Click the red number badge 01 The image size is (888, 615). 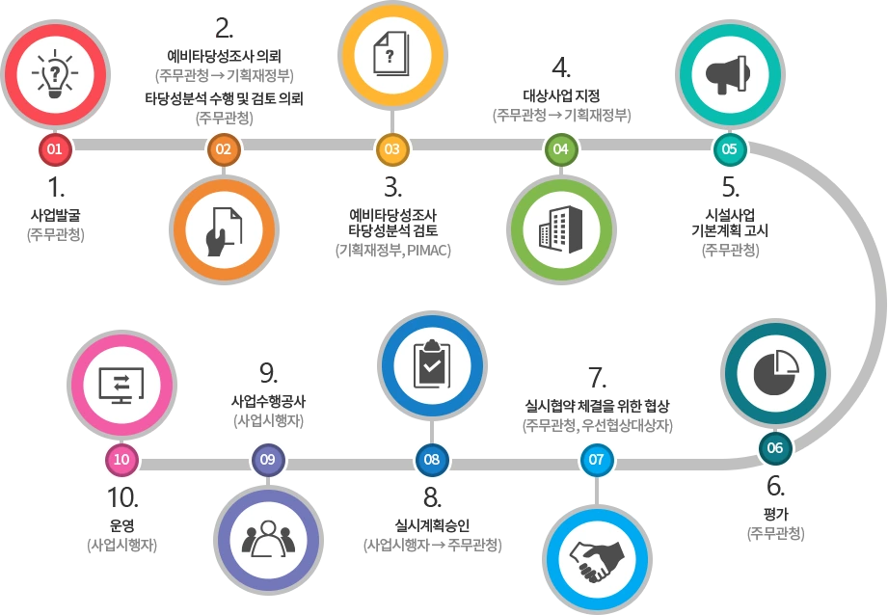pyautogui.click(x=55, y=149)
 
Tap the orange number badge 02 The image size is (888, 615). pyautogui.click(x=224, y=149)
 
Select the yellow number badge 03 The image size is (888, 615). pyautogui.click(x=391, y=149)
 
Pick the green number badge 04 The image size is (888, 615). pyautogui.click(x=560, y=149)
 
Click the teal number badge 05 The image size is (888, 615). pyautogui.click(x=729, y=149)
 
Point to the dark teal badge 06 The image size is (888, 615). pyautogui.click(x=775, y=448)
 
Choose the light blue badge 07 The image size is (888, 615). pyautogui.click(x=596, y=460)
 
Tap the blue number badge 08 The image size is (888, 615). pyautogui.click(x=432, y=460)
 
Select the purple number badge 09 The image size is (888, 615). pyautogui.click(x=268, y=460)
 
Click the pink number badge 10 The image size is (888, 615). pyautogui.click(x=121, y=460)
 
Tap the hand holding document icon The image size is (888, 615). pyautogui.click(x=224, y=230)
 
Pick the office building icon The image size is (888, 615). pyautogui.click(x=560, y=230)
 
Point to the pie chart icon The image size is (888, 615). pyautogui.click(x=775, y=373)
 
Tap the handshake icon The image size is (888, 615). pyautogui.click(x=596, y=559)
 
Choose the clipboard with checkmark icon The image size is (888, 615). pyautogui.click(x=432, y=364)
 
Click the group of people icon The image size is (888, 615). pyautogui.click(x=268, y=540)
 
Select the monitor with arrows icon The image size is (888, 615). pyautogui.click(x=121, y=384)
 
